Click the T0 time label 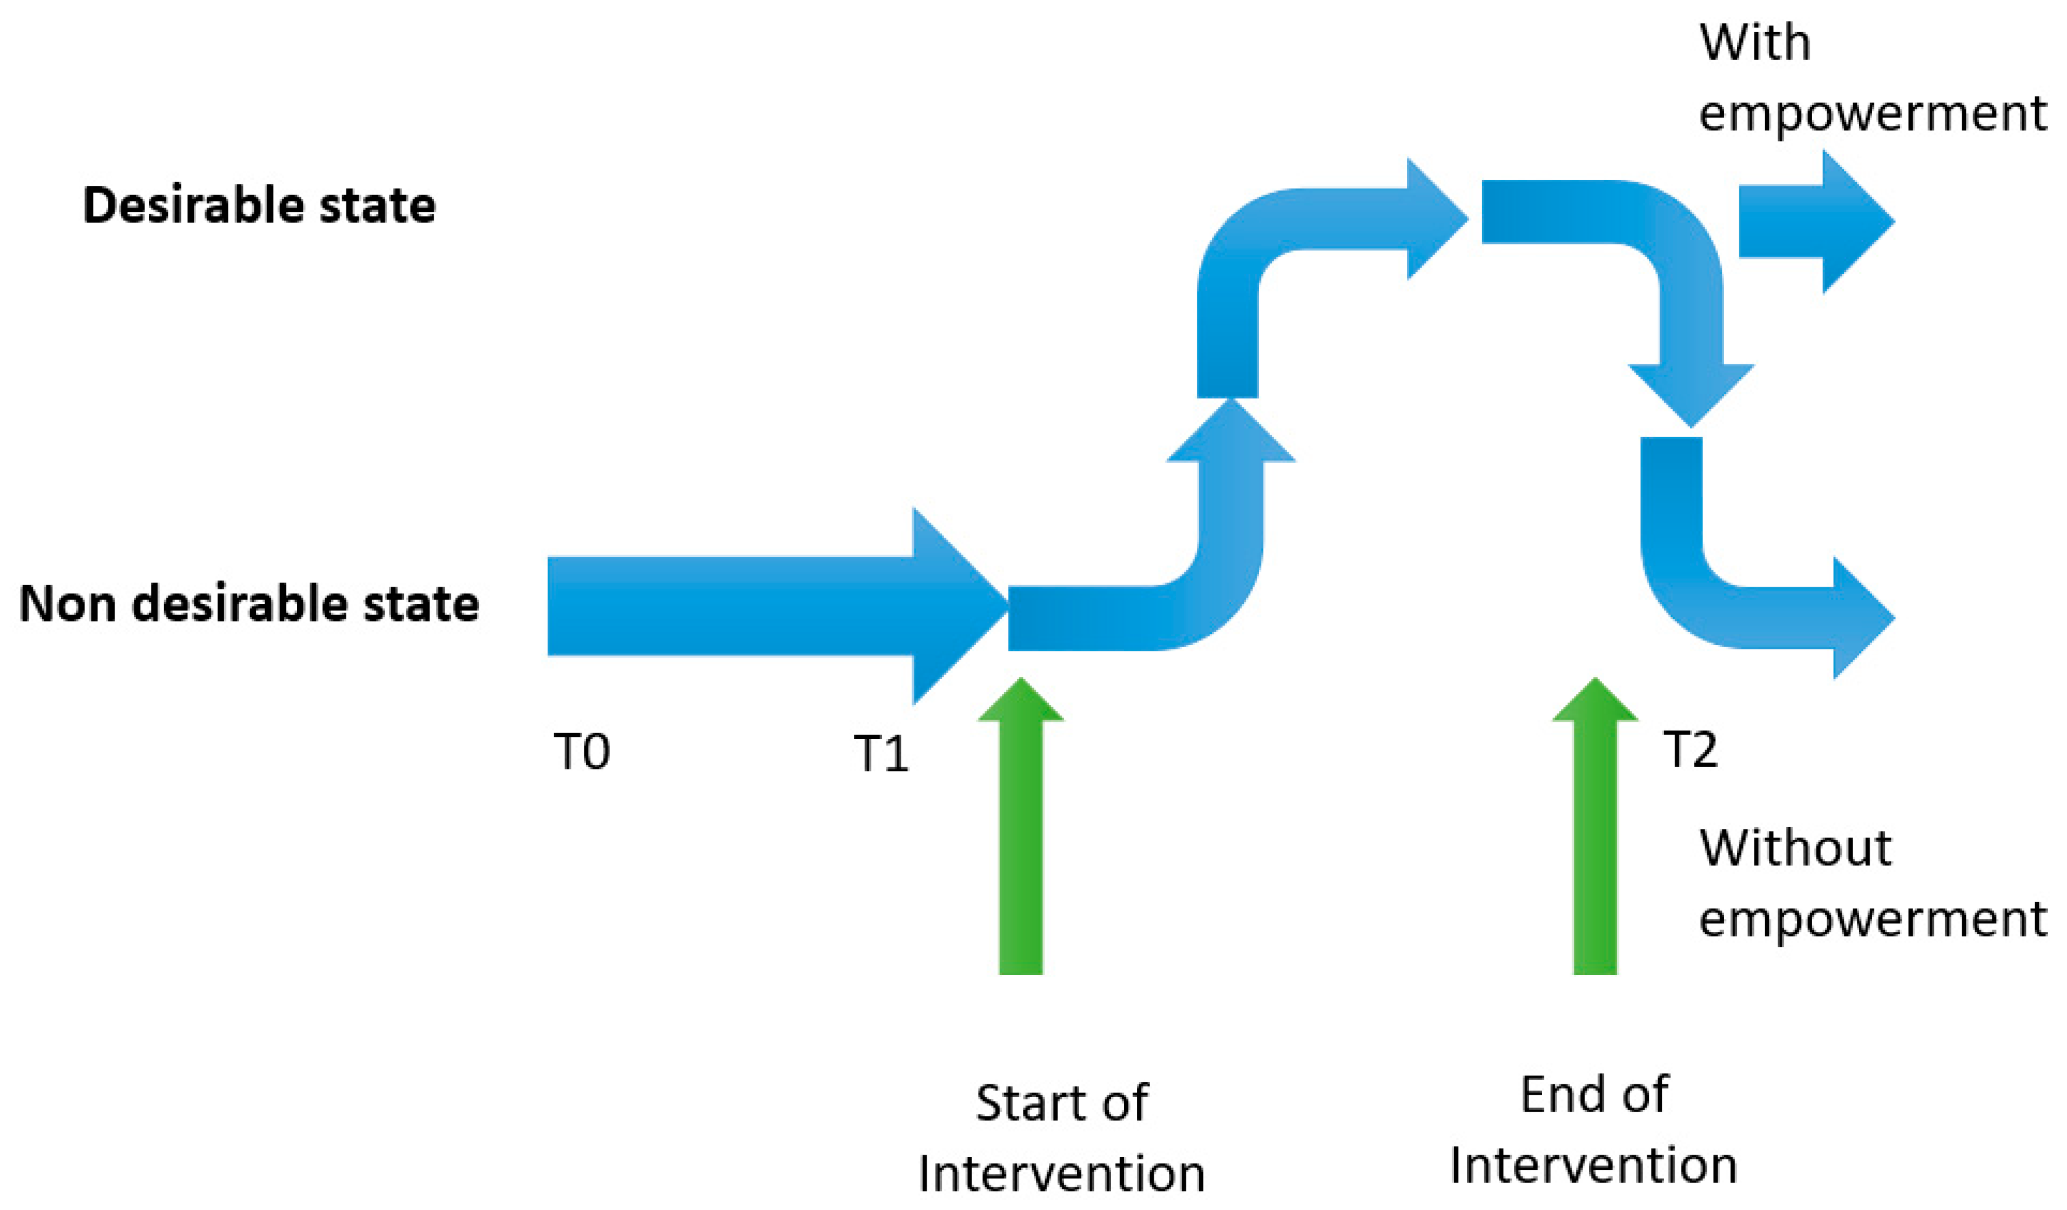582,751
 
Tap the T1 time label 881,754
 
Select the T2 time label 1690,749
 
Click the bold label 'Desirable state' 259,205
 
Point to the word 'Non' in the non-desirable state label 66,604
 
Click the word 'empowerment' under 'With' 1872,113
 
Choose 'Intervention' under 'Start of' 1061,1174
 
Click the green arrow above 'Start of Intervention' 1020,829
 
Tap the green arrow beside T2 1594,829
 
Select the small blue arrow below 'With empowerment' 1813,222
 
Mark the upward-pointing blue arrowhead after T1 1231,435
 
